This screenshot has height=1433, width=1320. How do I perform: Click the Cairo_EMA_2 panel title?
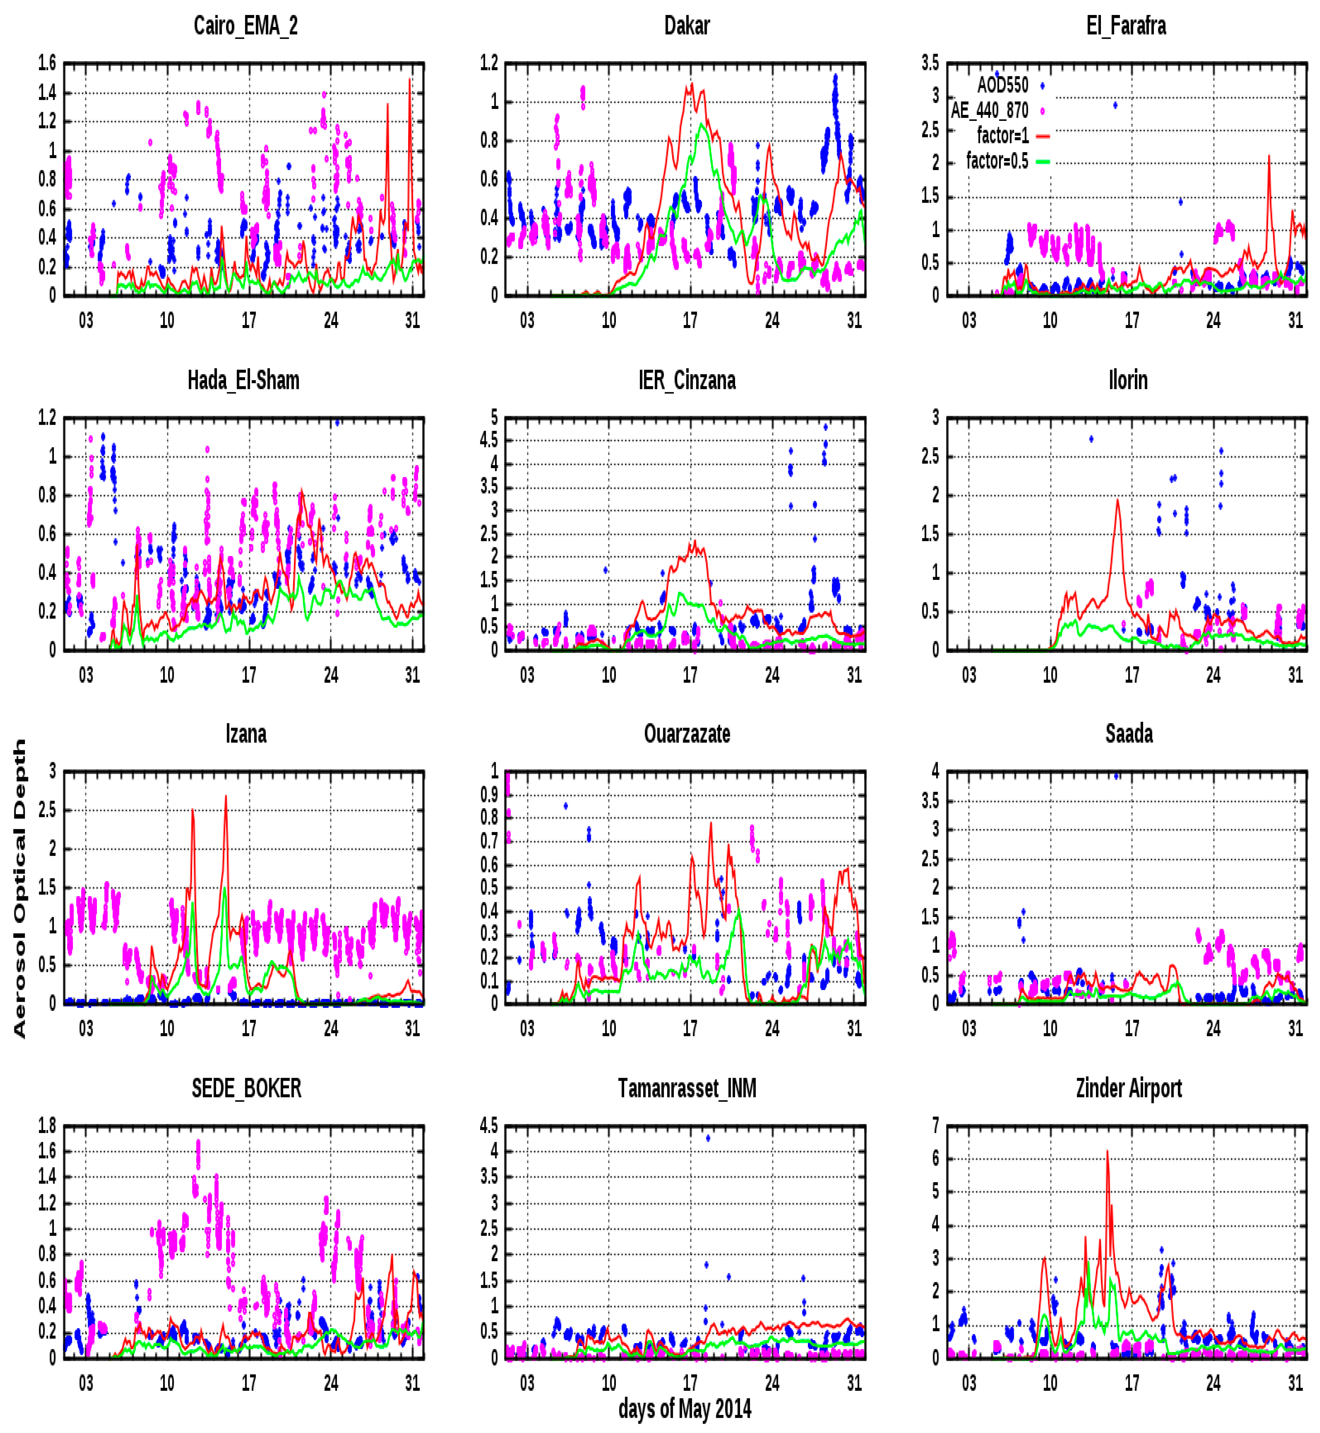click(x=246, y=26)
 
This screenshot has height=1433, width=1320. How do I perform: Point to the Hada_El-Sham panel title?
click(x=244, y=380)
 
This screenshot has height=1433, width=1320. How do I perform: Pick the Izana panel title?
click(x=246, y=733)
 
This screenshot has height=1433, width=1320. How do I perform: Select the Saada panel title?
click(x=1129, y=733)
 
